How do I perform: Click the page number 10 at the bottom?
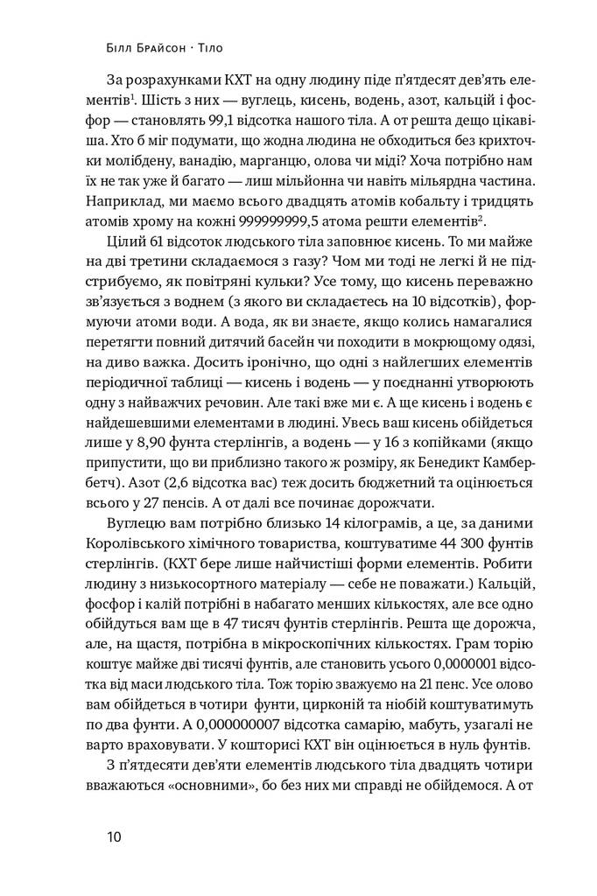point(116,836)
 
